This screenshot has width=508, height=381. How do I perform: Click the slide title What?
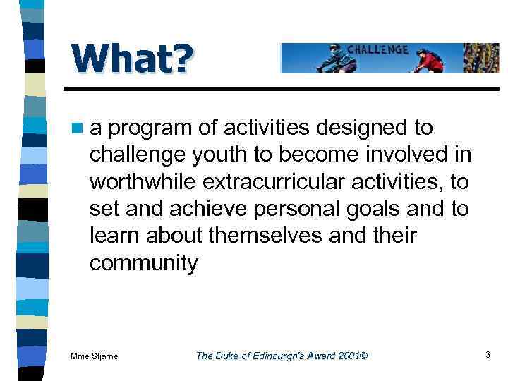(x=130, y=59)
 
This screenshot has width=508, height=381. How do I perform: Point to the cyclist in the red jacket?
(x=428, y=60)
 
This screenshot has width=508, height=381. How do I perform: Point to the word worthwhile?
(x=143, y=181)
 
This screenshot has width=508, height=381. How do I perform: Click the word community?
(x=144, y=263)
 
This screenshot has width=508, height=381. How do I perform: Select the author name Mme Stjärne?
(x=95, y=356)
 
